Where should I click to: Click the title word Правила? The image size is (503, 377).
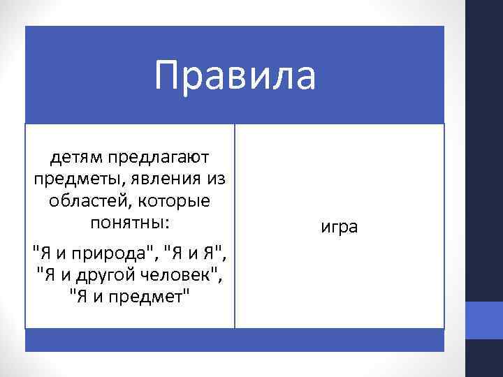tap(235, 76)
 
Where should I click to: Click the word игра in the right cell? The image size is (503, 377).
tap(339, 228)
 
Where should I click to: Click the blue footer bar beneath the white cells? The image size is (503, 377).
tap(235, 340)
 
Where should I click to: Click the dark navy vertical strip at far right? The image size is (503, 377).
tap(484, 140)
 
